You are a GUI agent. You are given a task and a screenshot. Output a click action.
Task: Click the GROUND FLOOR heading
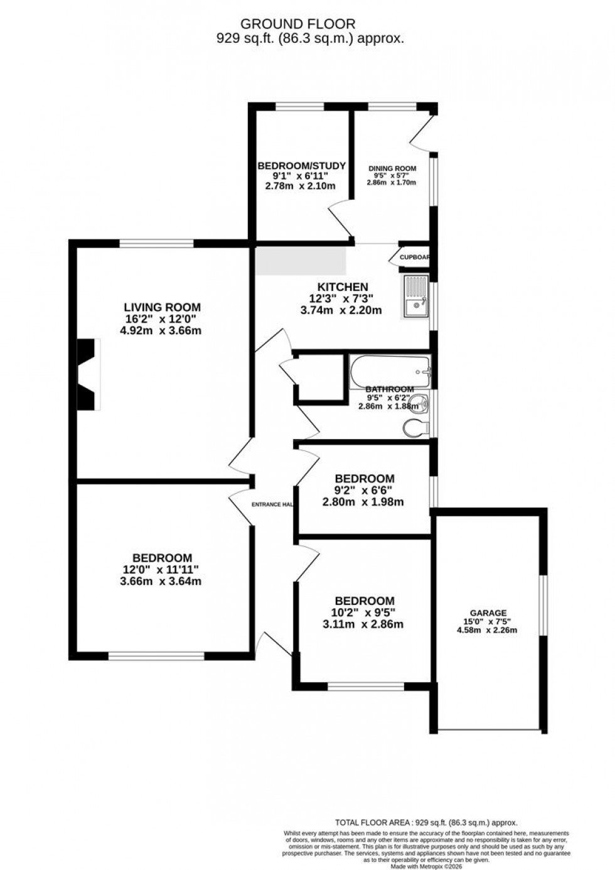point(298,24)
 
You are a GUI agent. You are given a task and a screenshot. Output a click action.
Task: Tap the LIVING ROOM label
point(163,307)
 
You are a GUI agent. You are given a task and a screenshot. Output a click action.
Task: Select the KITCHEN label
point(342,287)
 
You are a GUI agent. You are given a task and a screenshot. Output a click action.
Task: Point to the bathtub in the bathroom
point(389,371)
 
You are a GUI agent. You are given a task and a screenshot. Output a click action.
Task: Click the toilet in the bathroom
point(417,427)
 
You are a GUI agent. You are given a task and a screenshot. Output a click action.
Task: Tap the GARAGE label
point(488,613)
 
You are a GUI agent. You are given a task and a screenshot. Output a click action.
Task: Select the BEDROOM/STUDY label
point(302,166)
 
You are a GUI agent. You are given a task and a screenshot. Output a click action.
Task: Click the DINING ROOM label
point(392,168)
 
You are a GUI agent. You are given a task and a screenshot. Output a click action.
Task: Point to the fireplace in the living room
point(88,374)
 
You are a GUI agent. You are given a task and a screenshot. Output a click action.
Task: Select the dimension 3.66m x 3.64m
point(162,581)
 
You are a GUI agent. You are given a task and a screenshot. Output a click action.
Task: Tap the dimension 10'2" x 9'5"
point(365,612)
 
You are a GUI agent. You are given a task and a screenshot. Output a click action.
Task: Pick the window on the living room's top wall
point(156,243)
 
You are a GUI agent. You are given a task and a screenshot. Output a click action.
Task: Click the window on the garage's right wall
point(543,606)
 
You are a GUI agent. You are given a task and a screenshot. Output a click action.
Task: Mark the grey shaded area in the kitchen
point(301,260)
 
